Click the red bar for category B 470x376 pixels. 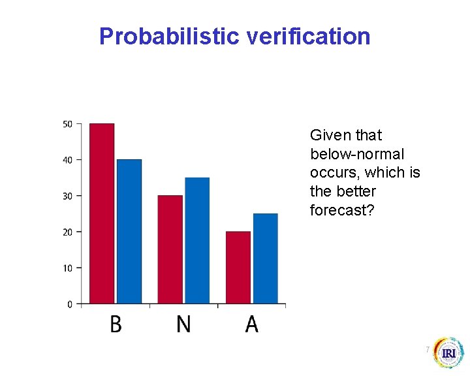click(102, 213)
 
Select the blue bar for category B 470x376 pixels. click(129, 231)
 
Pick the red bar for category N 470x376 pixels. click(170, 249)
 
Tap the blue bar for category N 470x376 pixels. click(197, 240)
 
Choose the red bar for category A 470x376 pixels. click(238, 268)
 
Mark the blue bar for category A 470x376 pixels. click(266, 258)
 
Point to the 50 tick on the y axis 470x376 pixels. click(67, 124)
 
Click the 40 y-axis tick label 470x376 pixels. click(67, 160)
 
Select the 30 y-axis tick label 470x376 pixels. click(67, 196)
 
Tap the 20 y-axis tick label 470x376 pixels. click(67, 232)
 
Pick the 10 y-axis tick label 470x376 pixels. click(67, 268)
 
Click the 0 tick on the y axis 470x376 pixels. click(70, 304)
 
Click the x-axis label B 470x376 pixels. click(116, 324)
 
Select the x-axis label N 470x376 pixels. click(183, 324)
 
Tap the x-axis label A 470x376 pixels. click(251, 324)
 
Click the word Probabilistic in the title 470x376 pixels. click(170, 37)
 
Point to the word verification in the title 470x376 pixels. click(309, 37)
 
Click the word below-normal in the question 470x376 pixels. click(357, 154)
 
